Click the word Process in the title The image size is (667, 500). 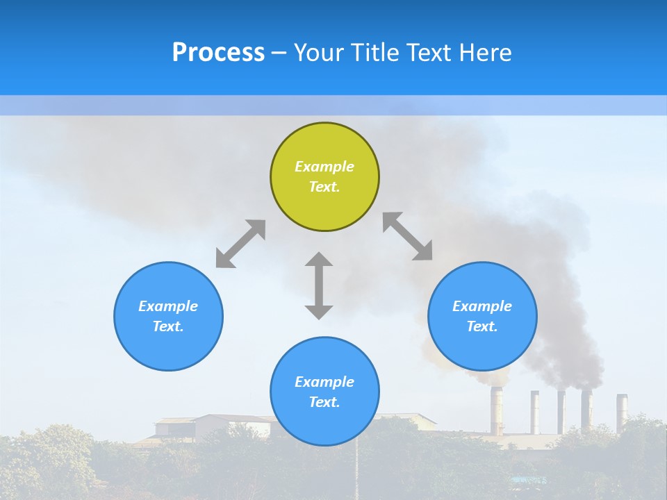(218, 53)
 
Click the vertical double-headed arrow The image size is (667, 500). (319, 286)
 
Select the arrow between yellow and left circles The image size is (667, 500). (240, 244)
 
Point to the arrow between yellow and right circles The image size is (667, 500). (408, 236)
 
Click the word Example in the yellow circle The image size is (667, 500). (324, 167)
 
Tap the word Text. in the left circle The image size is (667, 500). (168, 326)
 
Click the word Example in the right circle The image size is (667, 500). (482, 306)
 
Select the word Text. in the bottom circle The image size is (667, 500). (324, 402)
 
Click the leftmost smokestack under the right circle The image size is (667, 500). (497, 410)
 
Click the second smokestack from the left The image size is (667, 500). (535, 411)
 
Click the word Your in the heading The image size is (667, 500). (320, 53)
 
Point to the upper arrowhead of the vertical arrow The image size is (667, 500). (319, 260)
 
